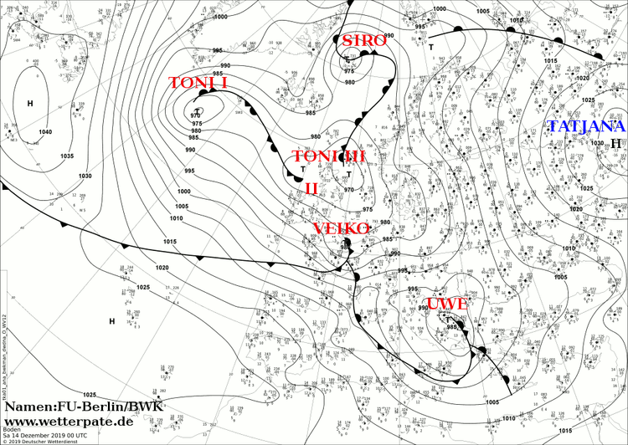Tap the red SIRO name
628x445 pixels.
(362, 41)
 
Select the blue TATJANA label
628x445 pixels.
(586, 127)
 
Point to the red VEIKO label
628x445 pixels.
(342, 228)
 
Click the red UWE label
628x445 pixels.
(446, 304)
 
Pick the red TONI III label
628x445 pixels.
(329, 157)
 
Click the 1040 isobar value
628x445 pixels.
(44, 132)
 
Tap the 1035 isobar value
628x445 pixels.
(67, 156)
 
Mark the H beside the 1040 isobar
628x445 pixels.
(30, 104)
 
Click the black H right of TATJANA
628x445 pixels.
(615, 144)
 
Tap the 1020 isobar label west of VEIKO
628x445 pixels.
(162, 268)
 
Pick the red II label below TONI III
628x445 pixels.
(311, 188)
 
